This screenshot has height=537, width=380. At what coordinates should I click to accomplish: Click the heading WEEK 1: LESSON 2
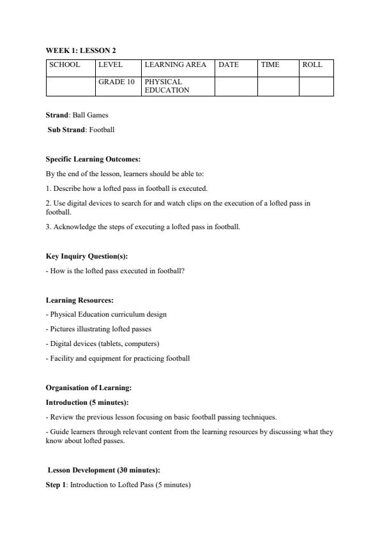80,50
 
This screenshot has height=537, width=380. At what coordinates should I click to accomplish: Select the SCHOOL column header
65,65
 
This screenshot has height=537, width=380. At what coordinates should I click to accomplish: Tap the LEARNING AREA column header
175,65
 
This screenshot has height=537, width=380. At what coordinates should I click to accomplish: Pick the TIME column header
270,65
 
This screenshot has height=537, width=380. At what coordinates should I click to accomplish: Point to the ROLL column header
312,65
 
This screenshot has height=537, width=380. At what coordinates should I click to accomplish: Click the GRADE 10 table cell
116,82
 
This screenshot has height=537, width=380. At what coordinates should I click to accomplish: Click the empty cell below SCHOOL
71,86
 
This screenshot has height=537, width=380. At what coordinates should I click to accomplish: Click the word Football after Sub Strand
102,130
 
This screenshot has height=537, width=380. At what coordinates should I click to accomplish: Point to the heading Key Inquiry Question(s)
87,256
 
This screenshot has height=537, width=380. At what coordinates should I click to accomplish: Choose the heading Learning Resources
80,300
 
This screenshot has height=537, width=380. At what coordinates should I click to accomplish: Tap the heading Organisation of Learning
88,388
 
